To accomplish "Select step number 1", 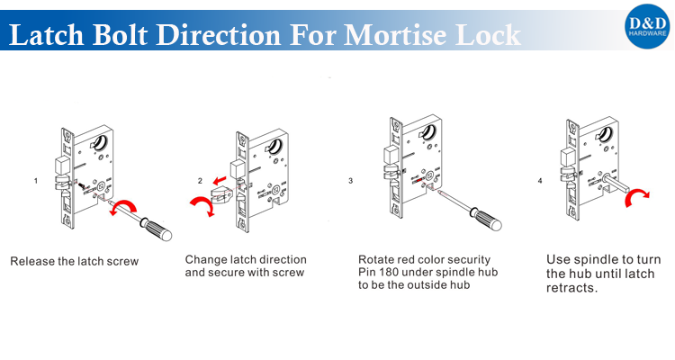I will (36, 181).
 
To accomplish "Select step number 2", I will (200, 181).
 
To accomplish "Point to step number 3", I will (350, 181).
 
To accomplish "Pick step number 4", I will (540, 181).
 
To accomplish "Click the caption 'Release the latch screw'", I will (75, 262).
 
